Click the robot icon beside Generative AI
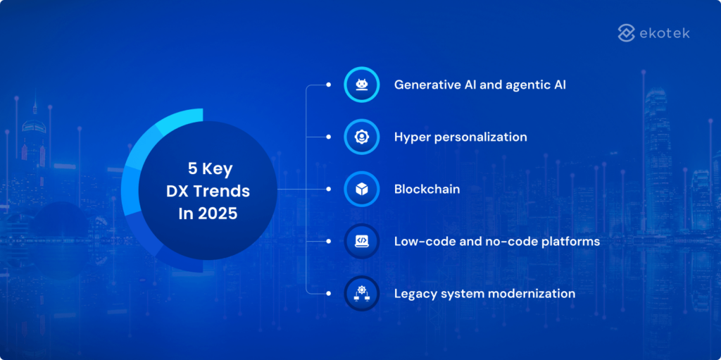(x=362, y=85)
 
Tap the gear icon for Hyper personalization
(x=362, y=137)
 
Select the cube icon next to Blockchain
(x=362, y=189)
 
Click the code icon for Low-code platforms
(x=362, y=241)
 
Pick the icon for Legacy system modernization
(x=362, y=293)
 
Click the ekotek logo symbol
(x=627, y=32)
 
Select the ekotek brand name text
(x=665, y=32)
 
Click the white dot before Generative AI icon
(x=328, y=85)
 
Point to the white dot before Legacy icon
(x=328, y=293)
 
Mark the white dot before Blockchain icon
(x=328, y=189)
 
